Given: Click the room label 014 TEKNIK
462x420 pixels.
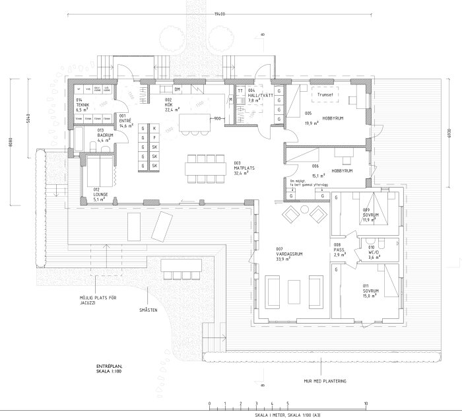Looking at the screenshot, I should [82, 104].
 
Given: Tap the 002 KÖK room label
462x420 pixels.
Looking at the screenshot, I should [168, 104].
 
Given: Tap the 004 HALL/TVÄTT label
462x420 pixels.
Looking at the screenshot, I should [255, 95].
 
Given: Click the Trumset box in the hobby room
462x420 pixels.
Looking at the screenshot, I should [326, 94].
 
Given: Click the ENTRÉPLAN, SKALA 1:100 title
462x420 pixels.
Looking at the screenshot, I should [110, 367].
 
